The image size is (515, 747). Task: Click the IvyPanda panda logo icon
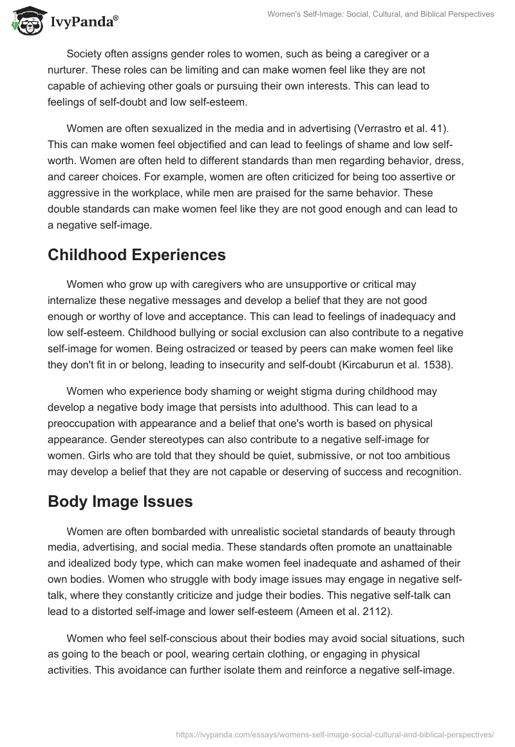[x=24, y=21]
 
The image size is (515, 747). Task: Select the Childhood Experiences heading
[x=136, y=254]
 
